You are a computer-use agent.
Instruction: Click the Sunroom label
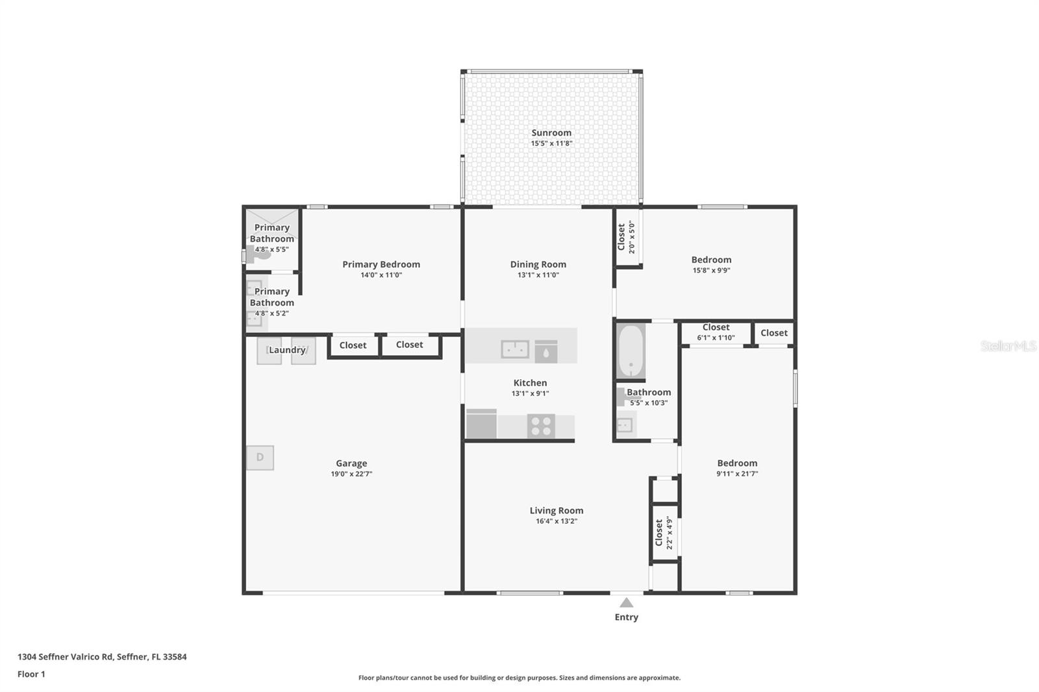551,132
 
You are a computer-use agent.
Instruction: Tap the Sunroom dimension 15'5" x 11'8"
551,143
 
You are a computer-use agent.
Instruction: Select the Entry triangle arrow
626,602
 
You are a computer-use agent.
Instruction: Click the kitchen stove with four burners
541,426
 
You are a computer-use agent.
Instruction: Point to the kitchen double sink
514,349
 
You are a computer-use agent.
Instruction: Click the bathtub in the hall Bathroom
631,351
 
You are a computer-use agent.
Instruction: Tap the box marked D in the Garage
260,457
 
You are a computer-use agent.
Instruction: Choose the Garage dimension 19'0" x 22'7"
351,474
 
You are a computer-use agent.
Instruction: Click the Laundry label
287,350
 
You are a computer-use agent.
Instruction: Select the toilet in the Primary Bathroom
258,254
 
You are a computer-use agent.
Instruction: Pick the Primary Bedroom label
381,264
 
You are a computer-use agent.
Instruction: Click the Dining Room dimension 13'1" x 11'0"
538,275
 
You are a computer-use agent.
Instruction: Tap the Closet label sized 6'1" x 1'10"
716,328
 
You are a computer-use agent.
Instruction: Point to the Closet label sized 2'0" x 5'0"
621,236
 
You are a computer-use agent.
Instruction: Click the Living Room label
556,510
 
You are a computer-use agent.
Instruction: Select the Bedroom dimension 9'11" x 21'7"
737,474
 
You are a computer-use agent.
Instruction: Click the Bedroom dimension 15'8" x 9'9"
711,271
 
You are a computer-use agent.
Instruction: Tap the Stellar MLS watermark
1008,346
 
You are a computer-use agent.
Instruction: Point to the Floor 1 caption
31,674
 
